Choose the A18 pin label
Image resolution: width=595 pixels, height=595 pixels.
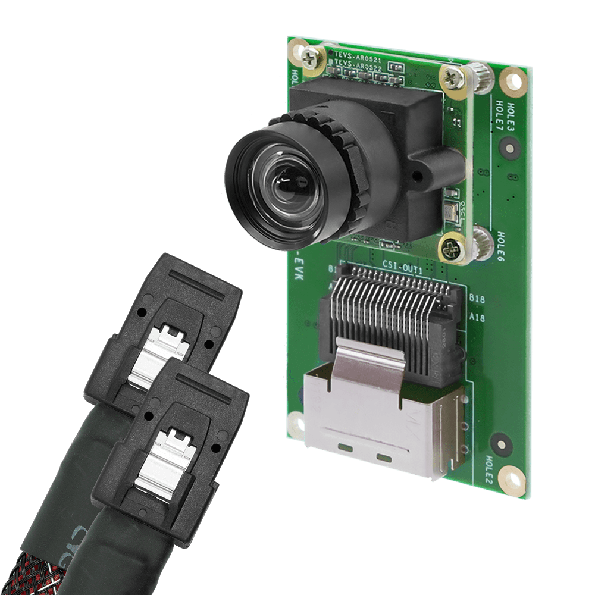click(477, 318)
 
